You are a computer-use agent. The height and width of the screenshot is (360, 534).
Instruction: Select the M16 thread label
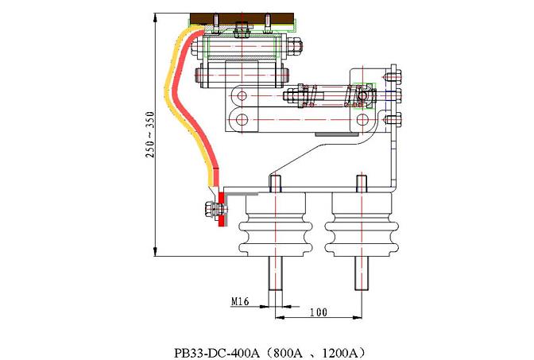[x=240, y=302]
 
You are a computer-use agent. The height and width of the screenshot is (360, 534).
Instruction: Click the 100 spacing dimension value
[x=318, y=313]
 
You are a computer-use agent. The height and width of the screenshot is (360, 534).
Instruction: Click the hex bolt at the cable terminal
[x=211, y=212]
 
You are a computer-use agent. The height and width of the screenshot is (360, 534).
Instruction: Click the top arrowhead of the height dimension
[x=154, y=16]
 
